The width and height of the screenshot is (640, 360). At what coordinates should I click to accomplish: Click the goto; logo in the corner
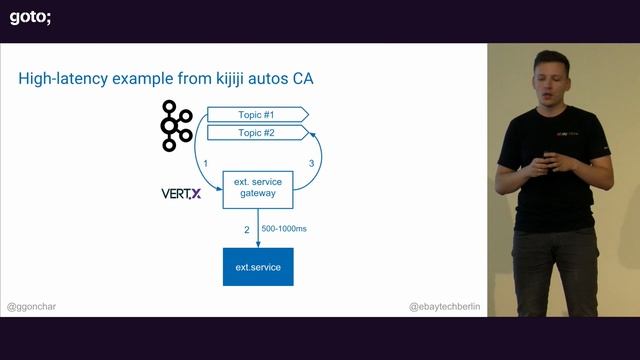click(x=31, y=16)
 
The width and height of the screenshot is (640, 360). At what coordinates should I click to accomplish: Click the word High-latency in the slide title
click(x=66, y=78)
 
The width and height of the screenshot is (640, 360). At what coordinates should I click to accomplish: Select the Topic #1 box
click(x=255, y=114)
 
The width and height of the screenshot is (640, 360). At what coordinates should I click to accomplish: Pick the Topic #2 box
click(x=255, y=133)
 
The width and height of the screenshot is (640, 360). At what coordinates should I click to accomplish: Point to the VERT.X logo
click(x=181, y=193)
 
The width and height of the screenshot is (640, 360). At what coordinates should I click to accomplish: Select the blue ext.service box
click(x=258, y=267)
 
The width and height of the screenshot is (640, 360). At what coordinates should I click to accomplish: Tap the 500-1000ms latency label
click(x=284, y=229)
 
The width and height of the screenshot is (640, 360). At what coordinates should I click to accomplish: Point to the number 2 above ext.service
click(x=246, y=230)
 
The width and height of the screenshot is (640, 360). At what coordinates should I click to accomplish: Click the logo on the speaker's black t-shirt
click(x=560, y=132)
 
